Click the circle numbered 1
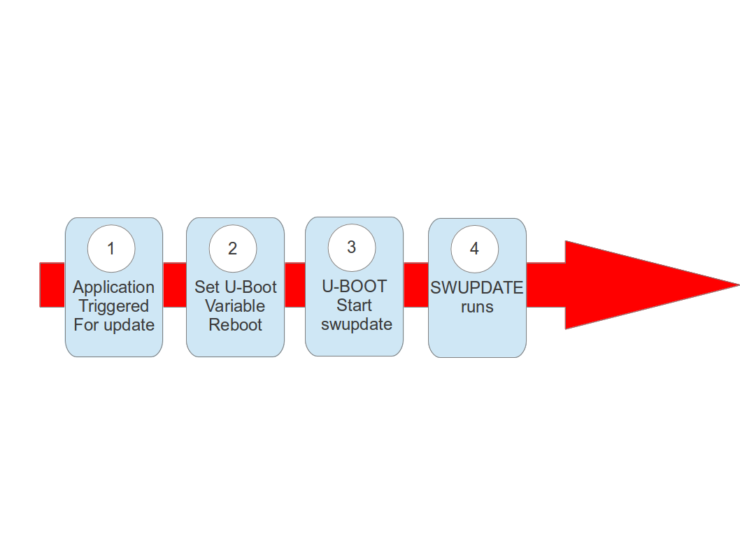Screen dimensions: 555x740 coord(111,248)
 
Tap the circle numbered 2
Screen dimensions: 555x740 coord(233,248)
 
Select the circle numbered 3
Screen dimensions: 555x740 coord(352,247)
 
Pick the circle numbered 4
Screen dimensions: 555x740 coord(475,249)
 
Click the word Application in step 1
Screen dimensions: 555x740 coord(113,287)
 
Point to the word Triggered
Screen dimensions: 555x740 coord(113,306)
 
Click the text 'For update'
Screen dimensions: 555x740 coord(113,325)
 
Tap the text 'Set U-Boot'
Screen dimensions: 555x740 coord(235,287)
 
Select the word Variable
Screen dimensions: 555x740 coord(235,306)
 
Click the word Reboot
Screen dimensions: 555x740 coord(235,325)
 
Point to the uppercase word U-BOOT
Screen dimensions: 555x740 coord(354,287)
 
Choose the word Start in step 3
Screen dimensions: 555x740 coord(354,305)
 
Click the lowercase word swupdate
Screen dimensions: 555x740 coord(356,324)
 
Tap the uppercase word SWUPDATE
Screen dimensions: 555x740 coord(476,288)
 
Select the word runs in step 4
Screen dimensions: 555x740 coord(477,307)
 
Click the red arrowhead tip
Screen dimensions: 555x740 coord(731,284)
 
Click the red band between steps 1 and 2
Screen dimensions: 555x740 coord(174,285)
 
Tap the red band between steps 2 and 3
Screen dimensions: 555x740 coord(294,285)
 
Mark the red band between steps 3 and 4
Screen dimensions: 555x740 coord(415,285)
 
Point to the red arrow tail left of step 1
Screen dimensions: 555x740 coord(52,285)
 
